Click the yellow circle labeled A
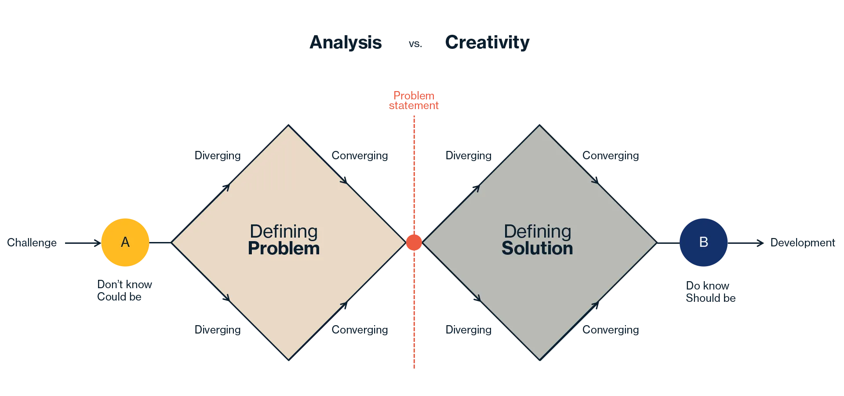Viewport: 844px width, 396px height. pyautogui.click(x=125, y=242)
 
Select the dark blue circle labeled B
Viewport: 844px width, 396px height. pyautogui.click(x=703, y=242)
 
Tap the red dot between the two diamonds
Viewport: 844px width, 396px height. pyautogui.click(x=414, y=242)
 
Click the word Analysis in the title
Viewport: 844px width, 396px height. pyautogui.click(x=346, y=43)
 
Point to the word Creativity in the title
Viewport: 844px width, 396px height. pyautogui.click(x=487, y=43)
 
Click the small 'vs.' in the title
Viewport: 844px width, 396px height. pyautogui.click(x=415, y=44)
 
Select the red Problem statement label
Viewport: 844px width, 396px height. pyautogui.click(x=414, y=101)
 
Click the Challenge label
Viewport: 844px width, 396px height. pyautogui.click(x=32, y=243)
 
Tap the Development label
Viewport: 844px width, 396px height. pyautogui.click(x=803, y=243)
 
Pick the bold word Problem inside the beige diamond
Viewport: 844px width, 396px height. pyautogui.click(x=284, y=249)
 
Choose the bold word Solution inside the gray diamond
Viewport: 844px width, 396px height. pyautogui.click(x=537, y=249)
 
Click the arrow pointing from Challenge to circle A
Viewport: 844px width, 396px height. pyautogui.click(x=83, y=243)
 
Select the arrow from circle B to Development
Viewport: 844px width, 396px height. pyautogui.click(x=746, y=243)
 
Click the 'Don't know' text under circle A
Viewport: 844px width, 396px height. pyautogui.click(x=124, y=285)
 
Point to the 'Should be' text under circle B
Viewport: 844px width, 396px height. pyautogui.click(x=710, y=298)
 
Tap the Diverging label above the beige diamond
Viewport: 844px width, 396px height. pyautogui.click(x=218, y=156)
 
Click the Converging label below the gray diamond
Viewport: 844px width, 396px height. pyautogui.click(x=611, y=330)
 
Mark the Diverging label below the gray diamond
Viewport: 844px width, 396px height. pyautogui.click(x=469, y=330)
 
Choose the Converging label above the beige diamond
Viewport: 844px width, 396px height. pyautogui.click(x=360, y=156)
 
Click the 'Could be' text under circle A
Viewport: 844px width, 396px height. pyautogui.click(x=119, y=297)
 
